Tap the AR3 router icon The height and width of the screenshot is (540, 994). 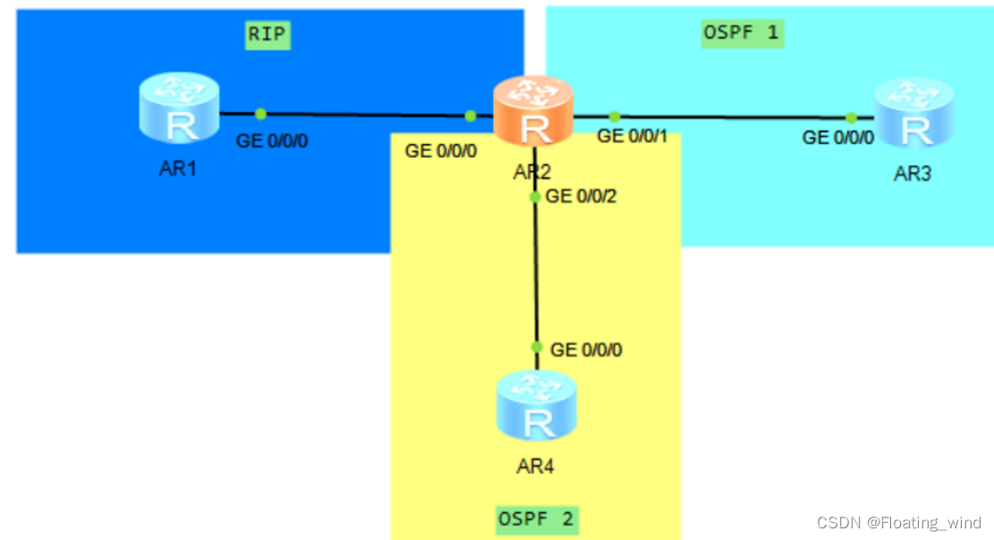[x=913, y=113]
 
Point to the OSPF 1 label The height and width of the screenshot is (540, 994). [x=742, y=34]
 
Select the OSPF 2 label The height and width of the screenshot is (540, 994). [x=536, y=518]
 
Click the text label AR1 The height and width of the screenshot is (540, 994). [x=179, y=169]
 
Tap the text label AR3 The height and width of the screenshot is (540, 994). [x=913, y=174]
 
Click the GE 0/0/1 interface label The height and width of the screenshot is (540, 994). [x=633, y=136]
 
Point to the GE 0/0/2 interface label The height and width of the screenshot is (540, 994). [x=582, y=196]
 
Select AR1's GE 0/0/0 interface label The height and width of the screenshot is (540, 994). [x=272, y=141]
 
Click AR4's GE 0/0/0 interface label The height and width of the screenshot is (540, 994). [x=586, y=350]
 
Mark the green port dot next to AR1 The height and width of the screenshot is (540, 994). [x=260, y=114]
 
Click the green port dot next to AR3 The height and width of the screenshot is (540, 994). [x=851, y=117]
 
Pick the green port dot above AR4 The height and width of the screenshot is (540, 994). [x=537, y=347]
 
